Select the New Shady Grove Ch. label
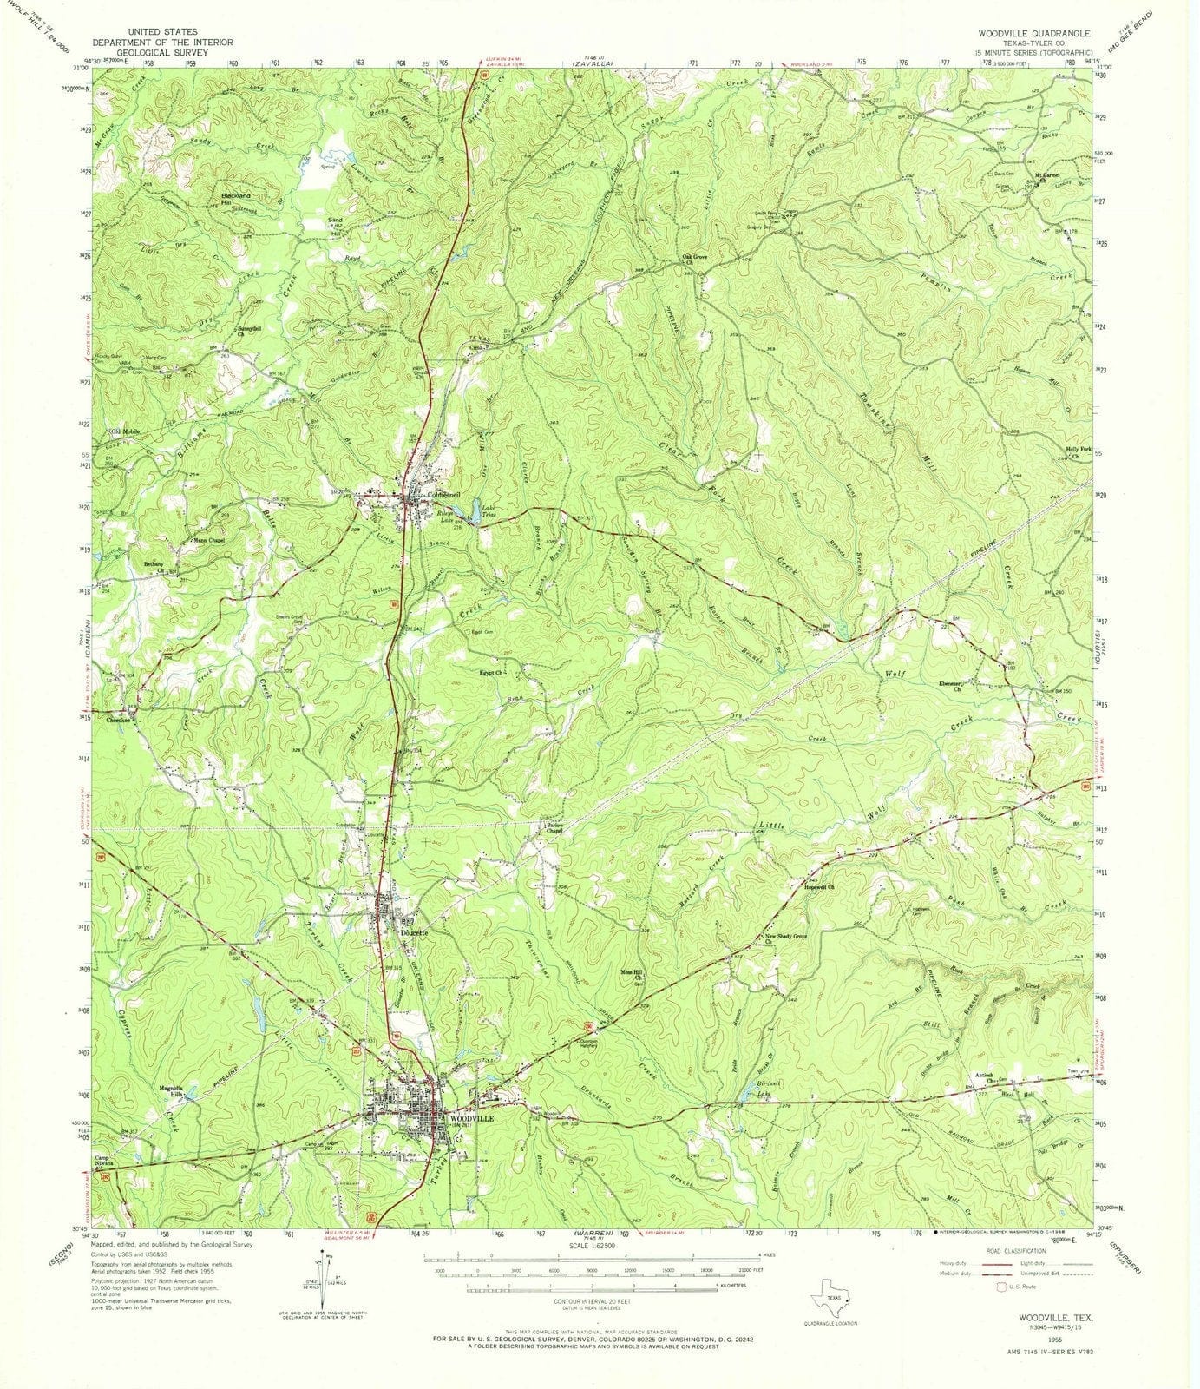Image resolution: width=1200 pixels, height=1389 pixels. point(785,938)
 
